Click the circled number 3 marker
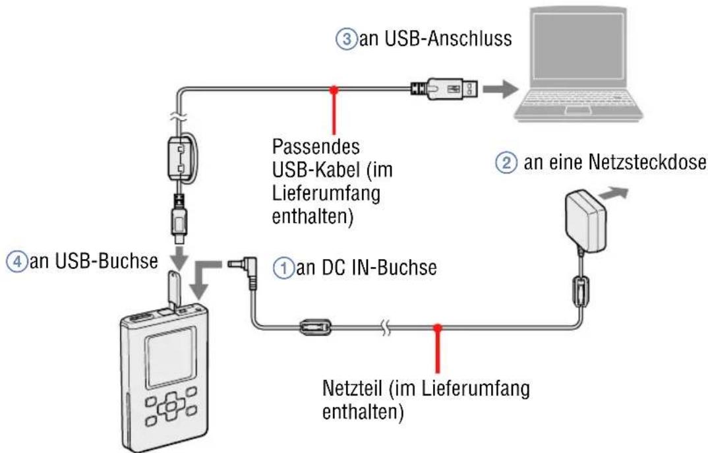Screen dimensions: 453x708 [343, 40]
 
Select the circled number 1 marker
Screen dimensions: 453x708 [281, 270]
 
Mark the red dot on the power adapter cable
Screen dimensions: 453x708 [437, 326]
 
